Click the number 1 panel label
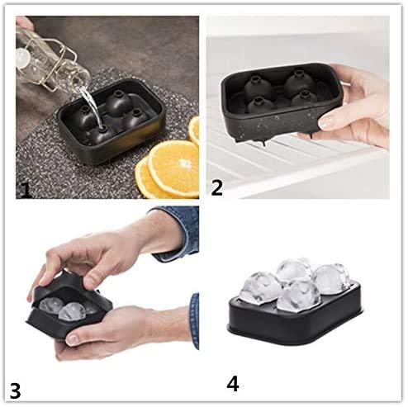pos(25,191)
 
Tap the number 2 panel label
pos(217,187)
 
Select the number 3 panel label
pos(14,387)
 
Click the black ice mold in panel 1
pos(111,132)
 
